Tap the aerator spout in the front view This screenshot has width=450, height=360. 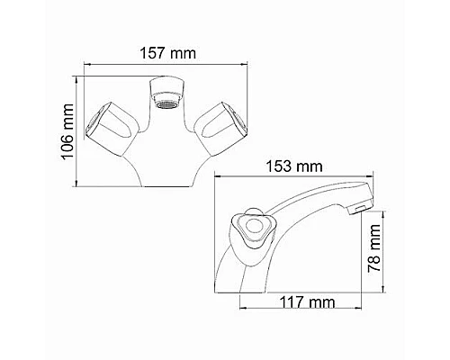166,94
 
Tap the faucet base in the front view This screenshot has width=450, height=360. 166,166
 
